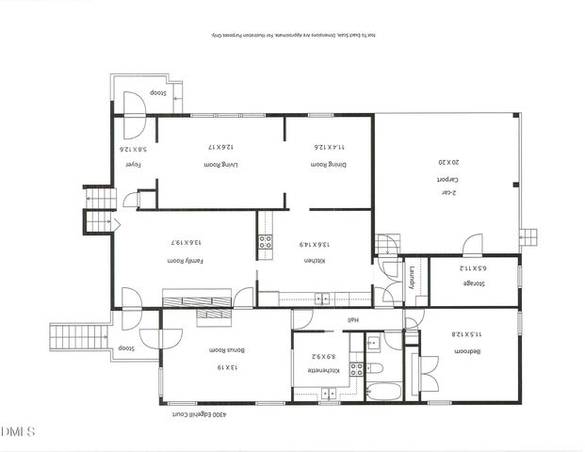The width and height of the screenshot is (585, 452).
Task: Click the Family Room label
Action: tap(187, 260)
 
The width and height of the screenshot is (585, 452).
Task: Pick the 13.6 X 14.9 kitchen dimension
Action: tap(314, 244)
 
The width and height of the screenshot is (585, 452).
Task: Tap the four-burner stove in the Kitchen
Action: tap(266, 241)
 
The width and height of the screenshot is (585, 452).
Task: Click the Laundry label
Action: tap(413, 280)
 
